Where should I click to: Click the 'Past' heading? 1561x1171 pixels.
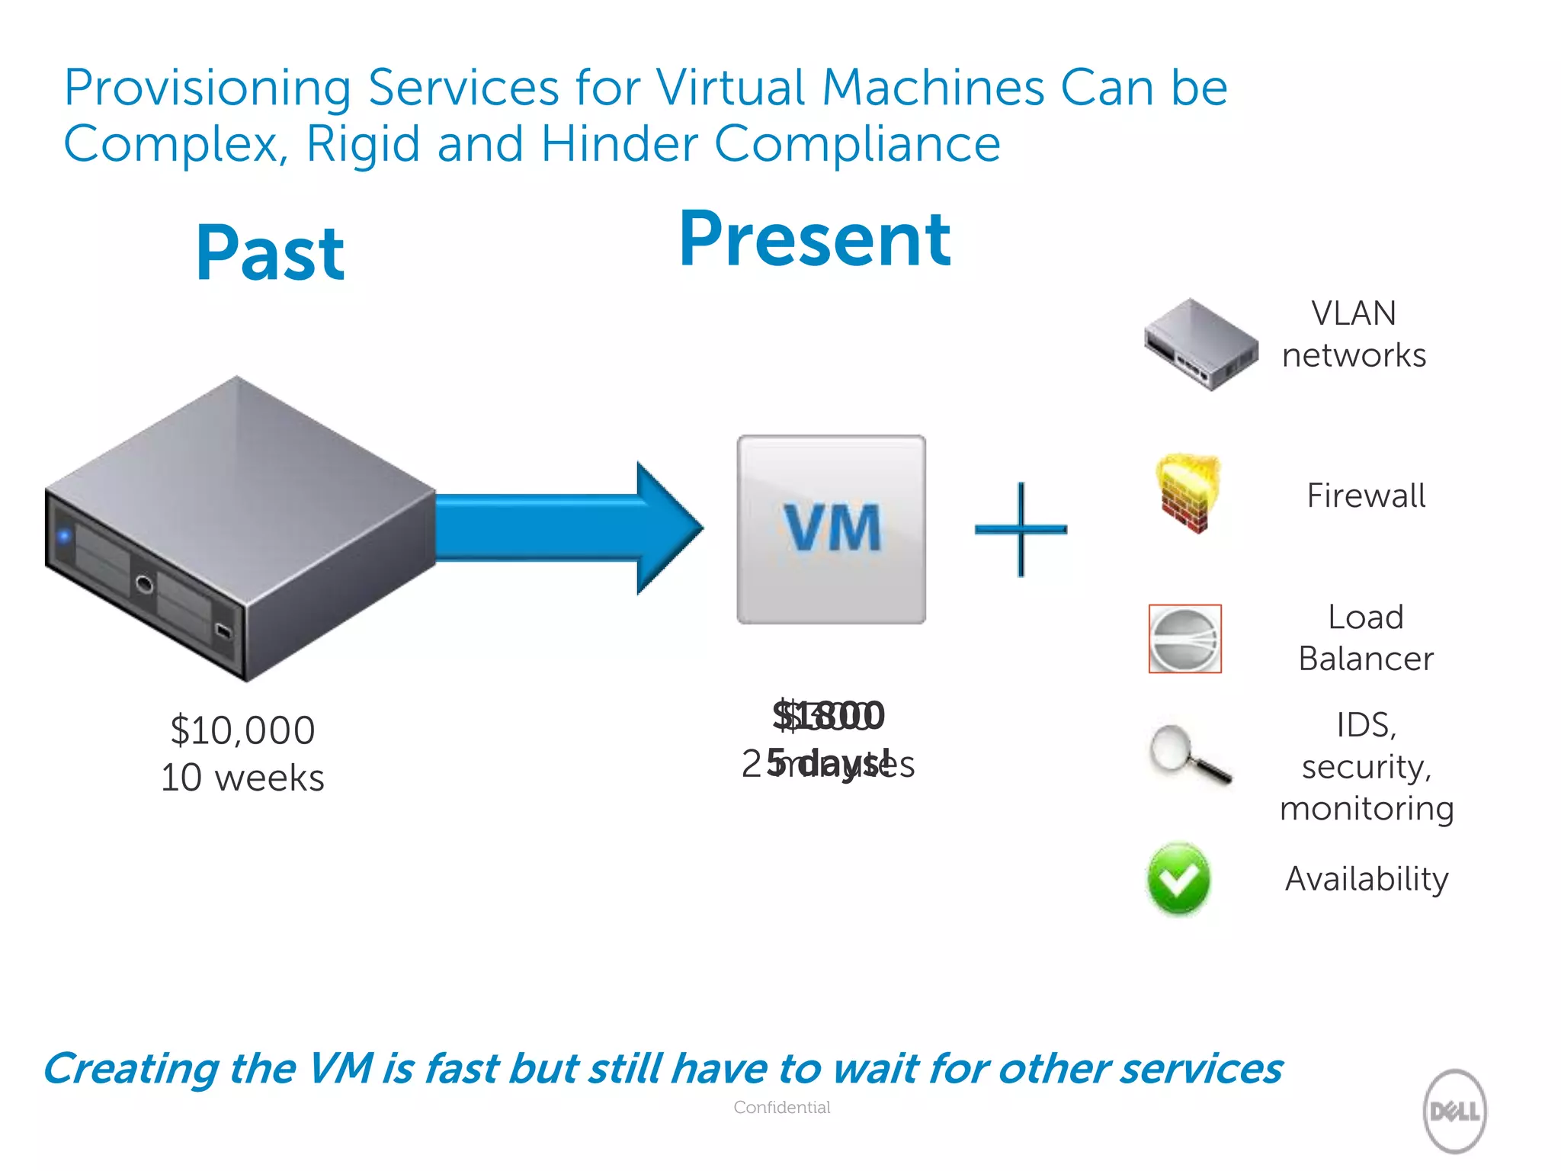click(x=270, y=253)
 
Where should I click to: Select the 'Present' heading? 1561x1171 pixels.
click(x=814, y=239)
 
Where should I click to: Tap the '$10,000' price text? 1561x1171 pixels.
click(x=242, y=730)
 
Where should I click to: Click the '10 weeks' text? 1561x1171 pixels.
click(x=242, y=778)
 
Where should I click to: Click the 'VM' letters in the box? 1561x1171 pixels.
click(x=832, y=528)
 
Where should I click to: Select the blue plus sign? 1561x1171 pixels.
click(x=1021, y=529)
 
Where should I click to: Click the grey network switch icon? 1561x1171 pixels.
click(x=1200, y=345)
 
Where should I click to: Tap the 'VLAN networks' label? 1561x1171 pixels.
click(x=1354, y=334)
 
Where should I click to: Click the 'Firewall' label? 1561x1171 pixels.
click(x=1366, y=496)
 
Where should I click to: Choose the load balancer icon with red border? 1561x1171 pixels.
click(x=1184, y=639)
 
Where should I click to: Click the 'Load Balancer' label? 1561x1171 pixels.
click(x=1366, y=638)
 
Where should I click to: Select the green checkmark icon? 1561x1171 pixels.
click(x=1178, y=879)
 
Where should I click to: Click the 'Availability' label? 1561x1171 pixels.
click(x=1367, y=879)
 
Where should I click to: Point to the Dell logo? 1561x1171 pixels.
click(x=1454, y=1111)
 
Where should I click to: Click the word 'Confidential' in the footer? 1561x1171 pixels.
click(x=781, y=1107)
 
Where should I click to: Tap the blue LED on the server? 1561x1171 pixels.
click(x=64, y=536)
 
